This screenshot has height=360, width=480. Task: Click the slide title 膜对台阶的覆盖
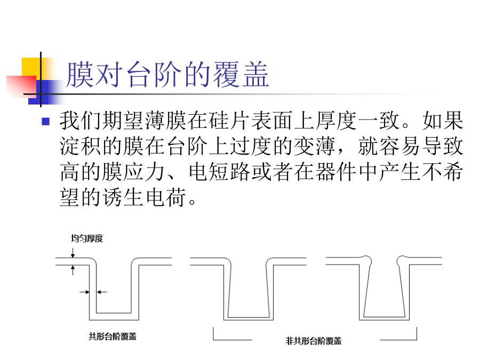click(x=167, y=74)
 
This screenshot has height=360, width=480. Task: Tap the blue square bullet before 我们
click(x=46, y=122)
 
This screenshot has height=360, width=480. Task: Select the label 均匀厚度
click(x=87, y=238)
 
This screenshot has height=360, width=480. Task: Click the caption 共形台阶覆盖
click(x=113, y=337)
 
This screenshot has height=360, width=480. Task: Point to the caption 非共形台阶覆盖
click(x=314, y=341)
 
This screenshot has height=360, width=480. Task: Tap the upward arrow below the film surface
click(x=73, y=270)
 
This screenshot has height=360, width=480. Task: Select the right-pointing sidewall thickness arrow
click(x=84, y=292)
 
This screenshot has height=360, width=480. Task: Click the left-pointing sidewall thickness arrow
click(x=102, y=292)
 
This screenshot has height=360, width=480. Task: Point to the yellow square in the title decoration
click(x=31, y=67)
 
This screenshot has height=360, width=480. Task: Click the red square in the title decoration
click(x=21, y=86)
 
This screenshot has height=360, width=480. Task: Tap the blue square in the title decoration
click(x=42, y=92)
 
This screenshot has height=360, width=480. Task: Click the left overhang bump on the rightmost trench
click(x=367, y=260)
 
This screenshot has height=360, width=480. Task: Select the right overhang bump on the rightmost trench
click(x=402, y=260)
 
